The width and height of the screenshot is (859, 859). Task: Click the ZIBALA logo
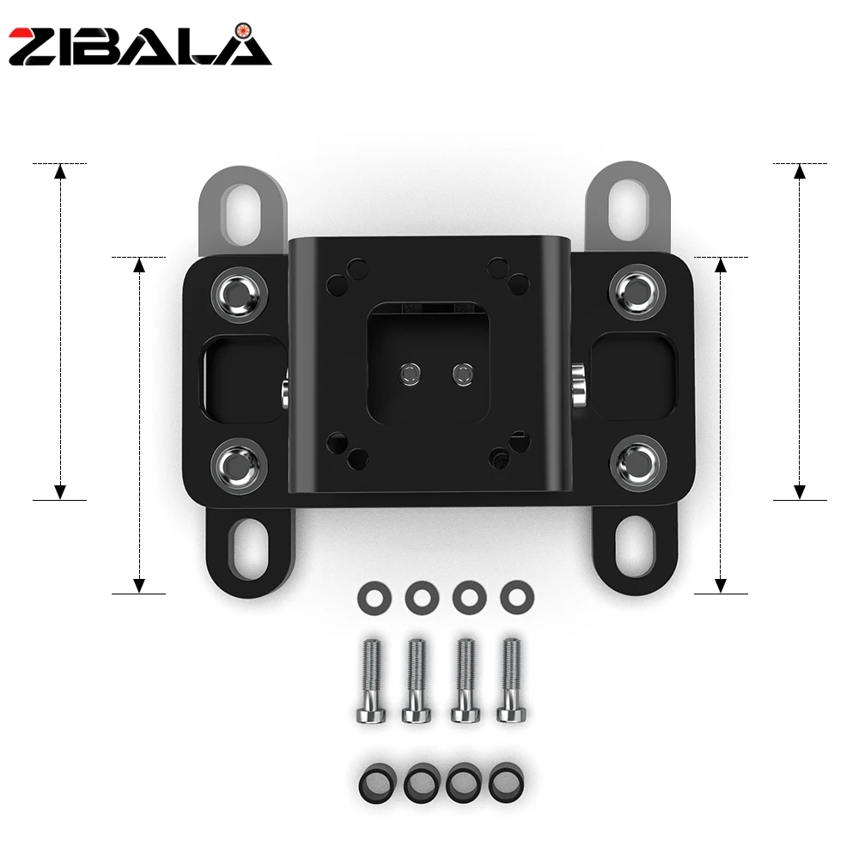click(140, 46)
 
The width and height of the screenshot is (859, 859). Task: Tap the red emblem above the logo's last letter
click(241, 30)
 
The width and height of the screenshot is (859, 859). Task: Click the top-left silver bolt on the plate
click(240, 294)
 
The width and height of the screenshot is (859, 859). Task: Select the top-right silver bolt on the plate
click(637, 292)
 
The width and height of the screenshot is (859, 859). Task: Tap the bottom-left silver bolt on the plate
click(240, 466)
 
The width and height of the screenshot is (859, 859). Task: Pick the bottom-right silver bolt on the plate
click(638, 464)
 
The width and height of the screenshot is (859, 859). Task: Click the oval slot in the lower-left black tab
click(250, 550)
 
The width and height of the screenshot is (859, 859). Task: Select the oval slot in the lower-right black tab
click(636, 545)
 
